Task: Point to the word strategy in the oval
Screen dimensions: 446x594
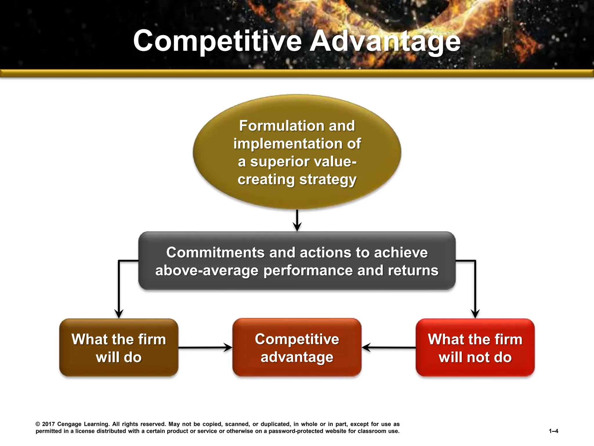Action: tap(328, 179)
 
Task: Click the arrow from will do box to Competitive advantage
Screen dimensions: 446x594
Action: tap(205, 347)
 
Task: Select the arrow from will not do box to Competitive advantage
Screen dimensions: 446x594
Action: tap(389, 347)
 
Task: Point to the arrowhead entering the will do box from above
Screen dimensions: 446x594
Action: tap(119, 314)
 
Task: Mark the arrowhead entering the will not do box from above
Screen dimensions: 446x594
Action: tap(475, 314)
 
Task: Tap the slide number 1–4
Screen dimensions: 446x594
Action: tap(553, 431)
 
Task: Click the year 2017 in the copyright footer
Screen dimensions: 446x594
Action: tap(48, 424)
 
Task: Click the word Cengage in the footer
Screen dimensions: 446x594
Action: tap(69, 424)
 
